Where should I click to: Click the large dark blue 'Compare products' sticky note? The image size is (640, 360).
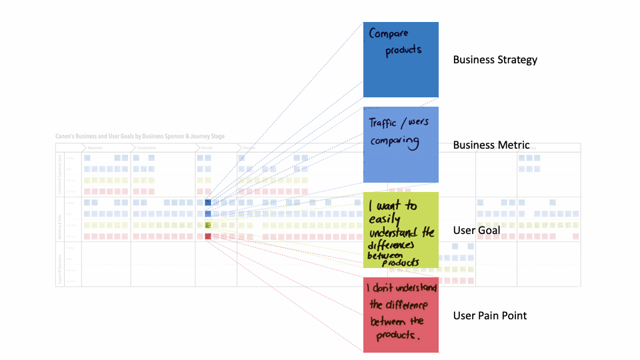(401, 60)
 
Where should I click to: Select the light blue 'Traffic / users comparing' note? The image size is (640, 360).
(401, 145)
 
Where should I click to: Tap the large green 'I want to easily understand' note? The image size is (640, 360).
(401, 230)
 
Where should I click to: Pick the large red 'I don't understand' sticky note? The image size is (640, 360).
(401, 315)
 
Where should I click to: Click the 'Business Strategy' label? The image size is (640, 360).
(495, 60)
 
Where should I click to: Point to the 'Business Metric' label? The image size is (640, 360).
(491, 145)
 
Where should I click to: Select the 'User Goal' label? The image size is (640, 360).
(476, 230)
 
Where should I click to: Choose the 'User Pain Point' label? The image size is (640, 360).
(490, 315)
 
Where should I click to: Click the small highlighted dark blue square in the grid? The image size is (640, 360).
(208, 202)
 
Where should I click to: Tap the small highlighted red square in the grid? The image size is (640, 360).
(208, 236)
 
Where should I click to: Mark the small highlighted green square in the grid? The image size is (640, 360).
(208, 225)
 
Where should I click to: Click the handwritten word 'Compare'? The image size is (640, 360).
(388, 33)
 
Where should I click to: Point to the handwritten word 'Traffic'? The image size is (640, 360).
(383, 123)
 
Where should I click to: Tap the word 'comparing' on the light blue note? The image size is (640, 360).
(395, 141)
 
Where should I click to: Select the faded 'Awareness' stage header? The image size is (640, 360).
(95, 148)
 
